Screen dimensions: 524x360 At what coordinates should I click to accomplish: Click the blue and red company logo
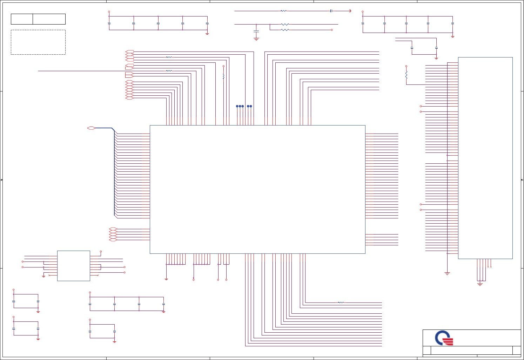[444, 338]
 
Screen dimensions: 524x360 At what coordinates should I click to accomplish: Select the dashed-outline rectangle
[38, 42]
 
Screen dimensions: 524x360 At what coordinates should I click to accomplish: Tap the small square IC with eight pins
[73, 266]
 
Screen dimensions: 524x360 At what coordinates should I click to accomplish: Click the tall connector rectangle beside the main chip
[485, 158]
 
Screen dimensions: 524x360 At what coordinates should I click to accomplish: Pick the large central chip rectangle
[257, 189]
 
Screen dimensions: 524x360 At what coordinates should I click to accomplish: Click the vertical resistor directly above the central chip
[223, 76]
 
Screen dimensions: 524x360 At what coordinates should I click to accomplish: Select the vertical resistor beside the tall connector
[407, 75]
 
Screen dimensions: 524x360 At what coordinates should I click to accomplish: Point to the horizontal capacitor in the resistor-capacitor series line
[331, 11]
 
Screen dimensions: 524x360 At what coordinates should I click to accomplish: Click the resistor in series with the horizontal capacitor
[284, 11]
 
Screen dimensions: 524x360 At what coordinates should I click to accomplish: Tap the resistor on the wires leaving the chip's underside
[341, 303]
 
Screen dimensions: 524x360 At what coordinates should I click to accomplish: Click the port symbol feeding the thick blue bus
[91, 128]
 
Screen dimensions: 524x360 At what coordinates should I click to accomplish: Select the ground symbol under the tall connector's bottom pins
[480, 284]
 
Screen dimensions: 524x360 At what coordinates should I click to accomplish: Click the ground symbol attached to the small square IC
[43, 276]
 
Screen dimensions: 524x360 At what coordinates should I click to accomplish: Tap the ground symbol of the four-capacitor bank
[163, 311]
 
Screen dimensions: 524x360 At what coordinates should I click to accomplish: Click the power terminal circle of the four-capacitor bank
[90, 292]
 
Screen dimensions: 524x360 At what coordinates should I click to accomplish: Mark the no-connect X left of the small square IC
[49, 276]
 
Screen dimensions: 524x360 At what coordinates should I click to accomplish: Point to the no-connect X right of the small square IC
[98, 276]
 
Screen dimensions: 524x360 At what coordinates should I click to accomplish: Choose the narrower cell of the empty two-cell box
[22, 19]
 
